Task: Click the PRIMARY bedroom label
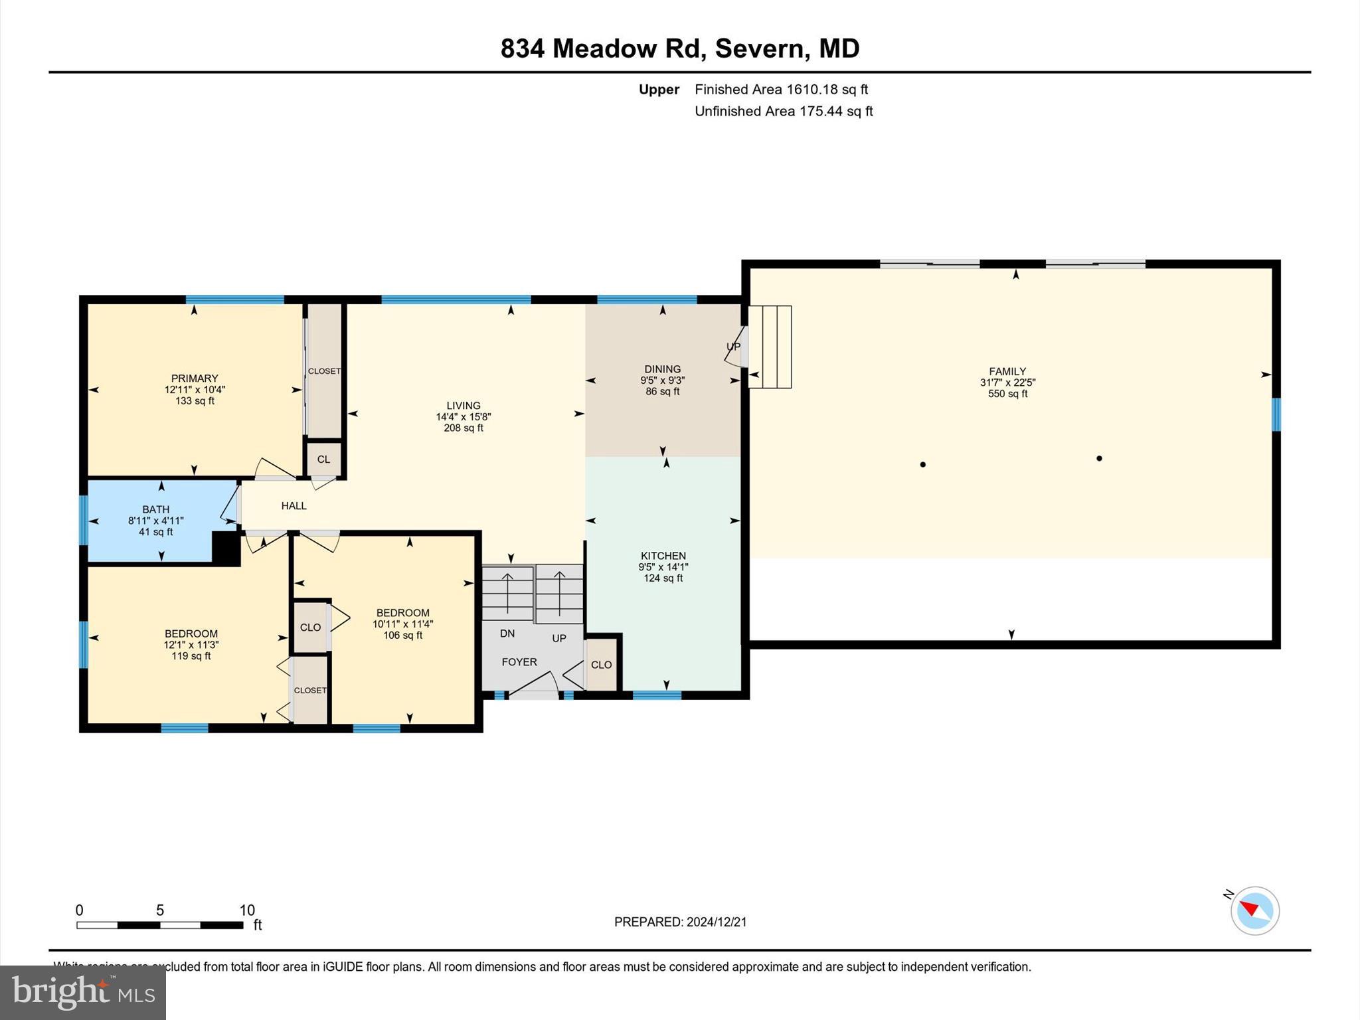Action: (195, 379)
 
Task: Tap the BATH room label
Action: (156, 510)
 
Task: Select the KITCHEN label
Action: (663, 556)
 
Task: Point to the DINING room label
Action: (663, 369)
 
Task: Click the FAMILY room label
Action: (1007, 372)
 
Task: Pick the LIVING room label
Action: (464, 406)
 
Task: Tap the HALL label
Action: (294, 506)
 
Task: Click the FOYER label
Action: (519, 662)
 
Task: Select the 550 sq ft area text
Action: (1007, 394)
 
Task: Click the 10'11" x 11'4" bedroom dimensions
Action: (402, 624)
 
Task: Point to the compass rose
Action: (1254, 910)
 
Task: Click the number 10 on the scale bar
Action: (247, 910)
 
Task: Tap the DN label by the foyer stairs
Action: (507, 634)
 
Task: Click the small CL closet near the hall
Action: (323, 460)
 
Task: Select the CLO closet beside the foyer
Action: (602, 665)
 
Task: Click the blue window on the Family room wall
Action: (1276, 414)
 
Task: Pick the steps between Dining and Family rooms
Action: (770, 347)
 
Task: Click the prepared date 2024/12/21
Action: (717, 922)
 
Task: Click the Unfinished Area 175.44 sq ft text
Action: (784, 112)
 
